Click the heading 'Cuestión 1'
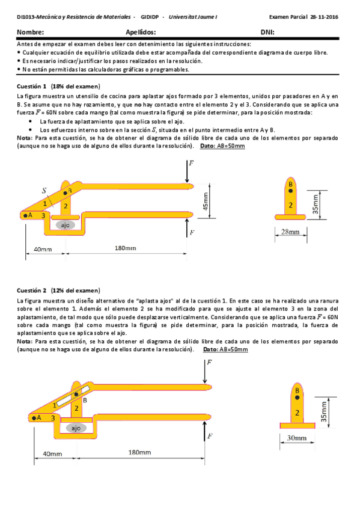(31, 87)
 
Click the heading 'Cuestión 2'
(31, 290)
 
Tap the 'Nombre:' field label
(30, 32)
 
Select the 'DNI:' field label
(267, 32)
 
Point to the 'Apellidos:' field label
(141, 32)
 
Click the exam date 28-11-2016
(324, 17)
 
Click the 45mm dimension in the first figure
(206, 201)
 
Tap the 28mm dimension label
(290, 232)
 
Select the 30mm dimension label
(296, 438)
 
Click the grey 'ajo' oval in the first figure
(66, 225)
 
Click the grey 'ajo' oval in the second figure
(76, 428)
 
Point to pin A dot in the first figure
(25, 215)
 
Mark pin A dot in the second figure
(34, 418)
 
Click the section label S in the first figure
(44, 191)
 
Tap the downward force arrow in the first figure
(187, 171)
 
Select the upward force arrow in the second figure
(204, 431)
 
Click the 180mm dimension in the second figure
(139, 452)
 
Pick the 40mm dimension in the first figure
(43, 250)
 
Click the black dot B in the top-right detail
(290, 191)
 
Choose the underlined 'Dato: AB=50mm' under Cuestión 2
(225, 349)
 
